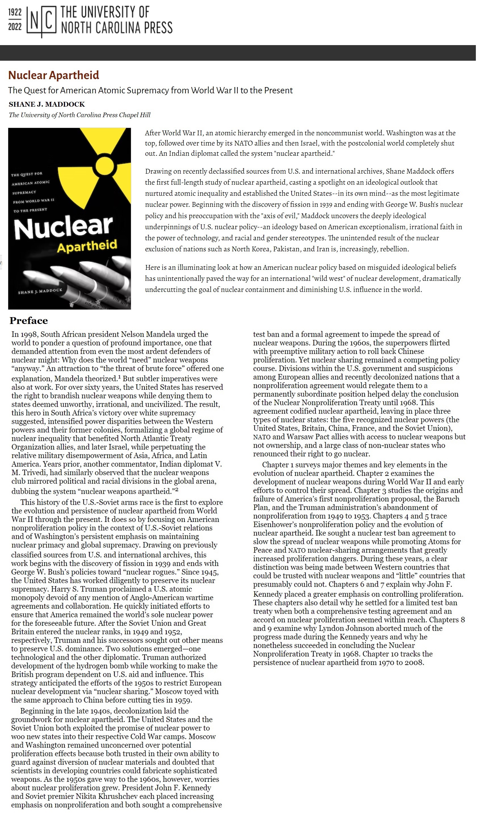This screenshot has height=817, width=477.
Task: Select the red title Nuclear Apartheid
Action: click(54, 75)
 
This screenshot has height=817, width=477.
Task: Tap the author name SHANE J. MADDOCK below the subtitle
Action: click(47, 104)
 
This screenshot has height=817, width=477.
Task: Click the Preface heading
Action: click(29, 321)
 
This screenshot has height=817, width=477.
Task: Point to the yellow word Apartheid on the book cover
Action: click(87, 245)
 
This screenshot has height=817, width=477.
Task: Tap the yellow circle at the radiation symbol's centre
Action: click(104, 165)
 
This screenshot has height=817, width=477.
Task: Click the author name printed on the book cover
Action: click(40, 291)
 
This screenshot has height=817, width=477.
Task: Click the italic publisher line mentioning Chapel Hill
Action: click(79, 115)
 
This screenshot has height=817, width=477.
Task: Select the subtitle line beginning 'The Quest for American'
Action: click(150, 90)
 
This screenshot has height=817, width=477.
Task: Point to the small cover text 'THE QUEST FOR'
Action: click(27, 174)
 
